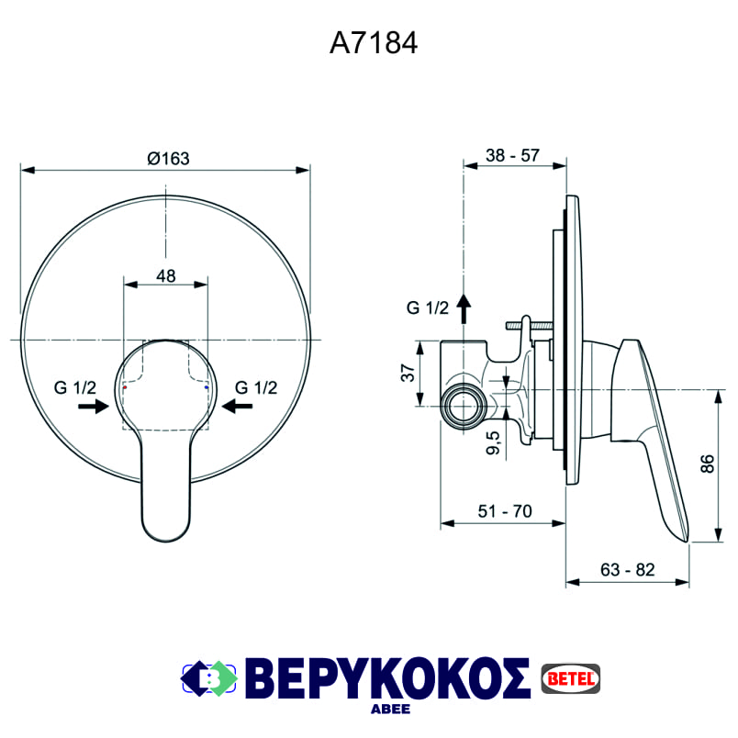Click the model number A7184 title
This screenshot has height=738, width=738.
click(374, 43)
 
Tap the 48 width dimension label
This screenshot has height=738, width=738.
click(165, 274)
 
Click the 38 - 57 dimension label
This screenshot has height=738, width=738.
click(512, 155)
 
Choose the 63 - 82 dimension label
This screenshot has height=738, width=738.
click(628, 570)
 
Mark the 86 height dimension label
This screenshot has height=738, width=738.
click(707, 464)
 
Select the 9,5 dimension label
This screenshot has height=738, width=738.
click(493, 443)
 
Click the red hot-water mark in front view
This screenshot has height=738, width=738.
click(124, 389)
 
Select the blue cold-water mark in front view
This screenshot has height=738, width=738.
click(207, 389)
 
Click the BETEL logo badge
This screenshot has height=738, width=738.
click(570, 676)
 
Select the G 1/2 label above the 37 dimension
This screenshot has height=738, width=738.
click(428, 308)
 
